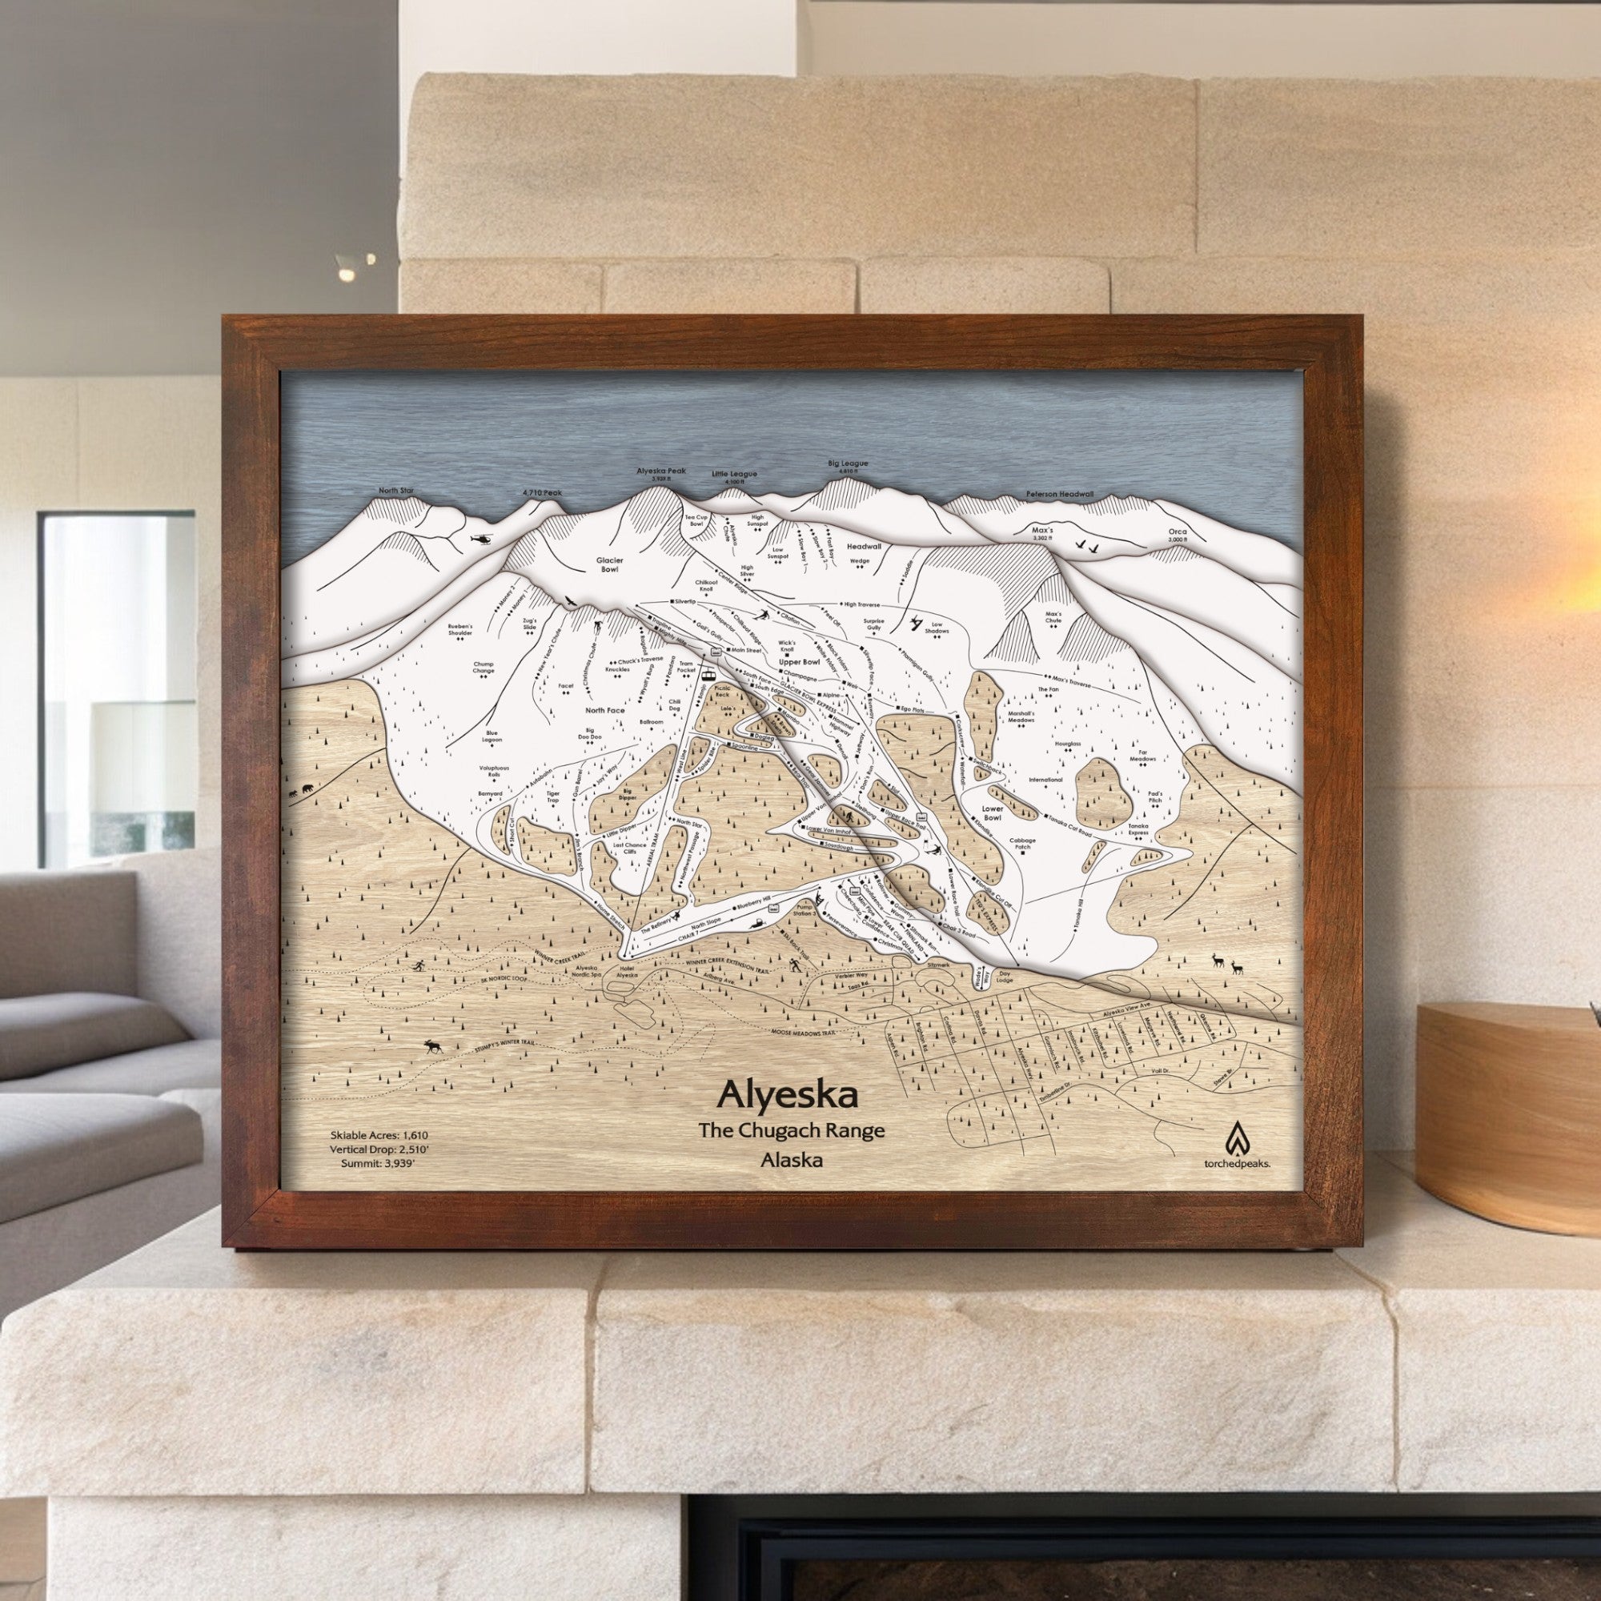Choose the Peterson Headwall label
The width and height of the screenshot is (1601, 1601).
tap(1059, 494)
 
